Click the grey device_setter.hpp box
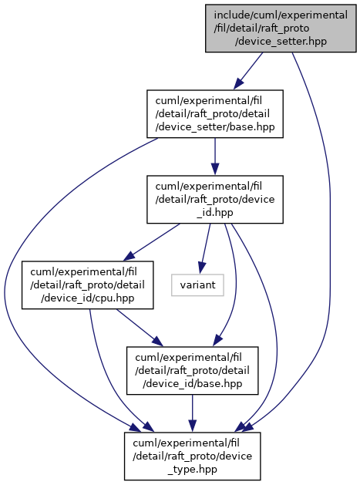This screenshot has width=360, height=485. [x=281, y=29]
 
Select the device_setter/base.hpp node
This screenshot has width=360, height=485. [x=215, y=114]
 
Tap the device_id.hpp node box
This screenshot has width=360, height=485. [x=215, y=200]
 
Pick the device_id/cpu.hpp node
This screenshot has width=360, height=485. [x=88, y=285]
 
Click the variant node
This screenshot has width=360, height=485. [x=197, y=285]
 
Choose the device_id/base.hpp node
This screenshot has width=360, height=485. [x=193, y=371]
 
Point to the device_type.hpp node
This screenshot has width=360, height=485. [x=193, y=456]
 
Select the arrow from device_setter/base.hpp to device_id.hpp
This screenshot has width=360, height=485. [x=215, y=157]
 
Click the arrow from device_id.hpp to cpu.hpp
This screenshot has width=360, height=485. [x=152, y=242]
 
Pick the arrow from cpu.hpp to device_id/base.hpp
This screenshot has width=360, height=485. [x=140, y=328]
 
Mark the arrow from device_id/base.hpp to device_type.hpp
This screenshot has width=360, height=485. [x=193, y=413]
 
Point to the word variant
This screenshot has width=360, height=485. [x=197, y=285]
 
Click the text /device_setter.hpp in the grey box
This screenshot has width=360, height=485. [x=281, y=42]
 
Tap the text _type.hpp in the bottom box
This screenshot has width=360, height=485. [x=193, y=470]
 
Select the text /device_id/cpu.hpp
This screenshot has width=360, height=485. [x=88, y=298]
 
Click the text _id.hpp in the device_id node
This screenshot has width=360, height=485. [x=215, y=213]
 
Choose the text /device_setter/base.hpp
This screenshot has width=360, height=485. [x=215, y=127]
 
